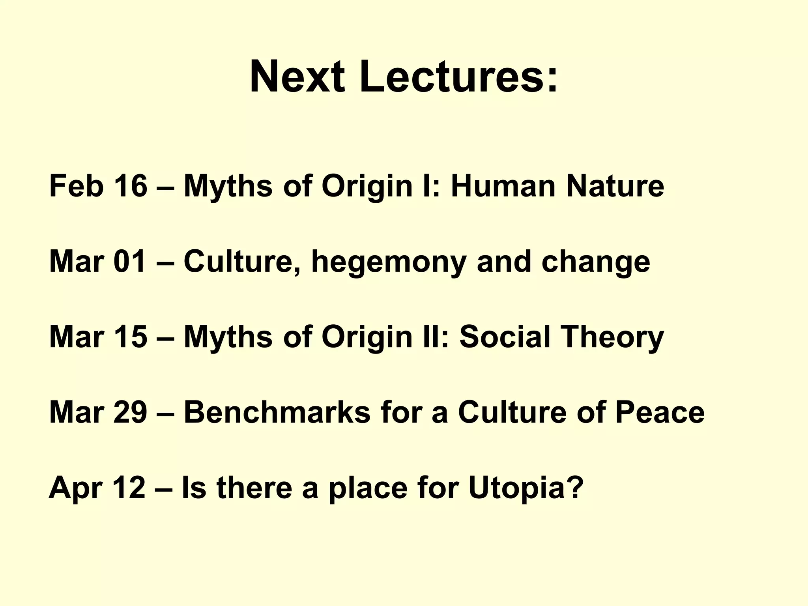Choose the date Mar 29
97,412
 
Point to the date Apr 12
97,488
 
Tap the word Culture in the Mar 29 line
512,412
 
